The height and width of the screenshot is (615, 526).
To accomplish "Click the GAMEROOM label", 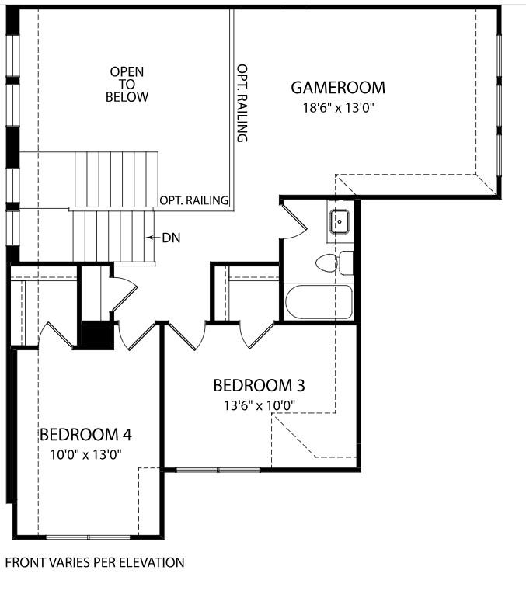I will [x=338, y=87].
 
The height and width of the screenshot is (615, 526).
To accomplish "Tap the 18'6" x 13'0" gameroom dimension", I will [x=339, y=108].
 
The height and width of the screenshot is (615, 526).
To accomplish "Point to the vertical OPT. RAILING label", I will [x=242, y=102].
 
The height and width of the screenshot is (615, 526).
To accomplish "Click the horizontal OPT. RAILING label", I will [x=194, y=200].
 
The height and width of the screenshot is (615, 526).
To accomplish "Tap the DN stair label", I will [x=171, y=238].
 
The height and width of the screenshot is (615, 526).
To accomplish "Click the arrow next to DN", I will [x=153, y=238].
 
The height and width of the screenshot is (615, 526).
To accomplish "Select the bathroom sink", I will [x=340, y=221].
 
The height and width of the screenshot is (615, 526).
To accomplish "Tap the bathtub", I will [x=319, y=303].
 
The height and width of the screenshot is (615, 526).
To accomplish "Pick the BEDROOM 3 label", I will [x=259, y=385].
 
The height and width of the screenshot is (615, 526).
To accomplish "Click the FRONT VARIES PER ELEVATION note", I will [x=95, y=561].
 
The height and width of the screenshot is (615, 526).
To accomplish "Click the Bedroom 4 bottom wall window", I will [x=89, y=537].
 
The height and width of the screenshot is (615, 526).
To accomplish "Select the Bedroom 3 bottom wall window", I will [x=218, y=469].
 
